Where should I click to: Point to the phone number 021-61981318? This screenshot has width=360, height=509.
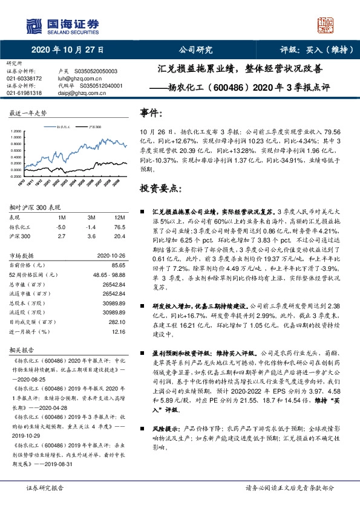25,93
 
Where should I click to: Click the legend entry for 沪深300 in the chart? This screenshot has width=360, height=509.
94,128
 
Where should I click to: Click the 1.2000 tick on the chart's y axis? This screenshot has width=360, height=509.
18,131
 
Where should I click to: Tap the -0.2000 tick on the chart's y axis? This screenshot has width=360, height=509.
18,176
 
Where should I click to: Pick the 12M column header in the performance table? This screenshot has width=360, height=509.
119,216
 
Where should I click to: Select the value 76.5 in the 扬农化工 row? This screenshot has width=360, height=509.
119,226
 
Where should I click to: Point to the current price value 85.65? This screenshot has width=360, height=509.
119,265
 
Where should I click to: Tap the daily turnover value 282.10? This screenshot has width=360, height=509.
117,322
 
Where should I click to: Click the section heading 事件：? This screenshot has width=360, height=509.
152,113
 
